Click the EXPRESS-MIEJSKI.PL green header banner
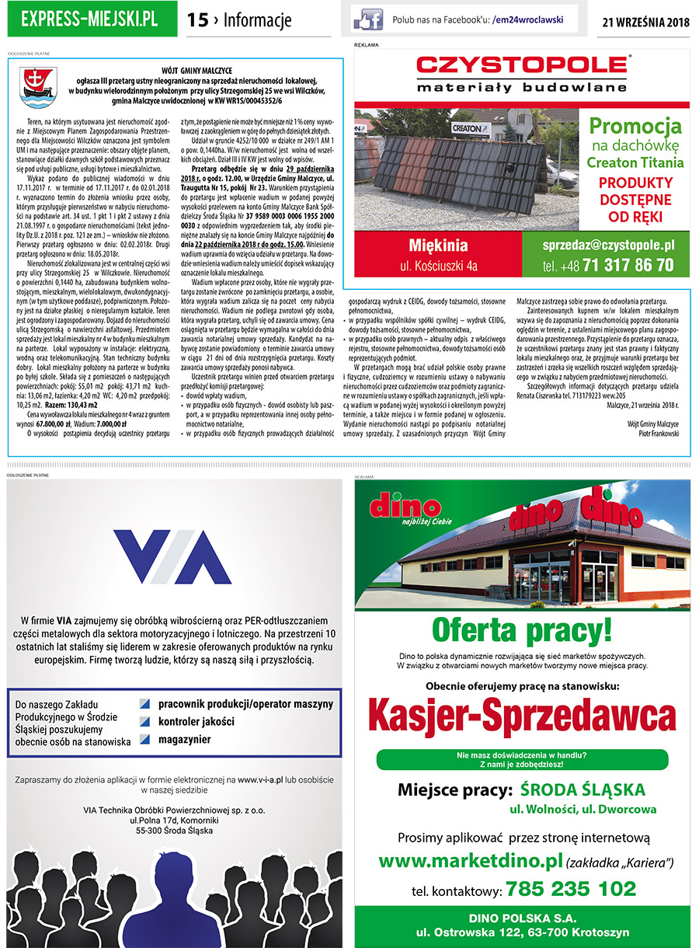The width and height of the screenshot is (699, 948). [x=89, y=19]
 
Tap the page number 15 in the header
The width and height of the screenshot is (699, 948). [x=198, y=20]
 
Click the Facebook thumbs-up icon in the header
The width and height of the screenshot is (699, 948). [x=368, y=19]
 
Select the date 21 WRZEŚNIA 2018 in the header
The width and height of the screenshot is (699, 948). [x=645, y=21]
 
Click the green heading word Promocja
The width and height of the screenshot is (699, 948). [x=635, y=125]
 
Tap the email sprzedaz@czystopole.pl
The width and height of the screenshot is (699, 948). [x=608, y=245]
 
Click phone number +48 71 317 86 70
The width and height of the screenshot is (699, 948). [x=608, y=265]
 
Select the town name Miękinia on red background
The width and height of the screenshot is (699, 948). [x=438, y=246]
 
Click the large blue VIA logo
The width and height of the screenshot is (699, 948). [x=172, y=556]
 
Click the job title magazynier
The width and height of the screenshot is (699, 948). [x=184, y=739]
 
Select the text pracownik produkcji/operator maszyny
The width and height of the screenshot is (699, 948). [x=245, y=703]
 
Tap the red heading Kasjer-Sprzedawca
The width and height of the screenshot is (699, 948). [x=522, y=712]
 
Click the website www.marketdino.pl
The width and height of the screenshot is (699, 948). [x=470, y=861]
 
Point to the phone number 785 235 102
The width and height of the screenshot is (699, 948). [x=570, y=888]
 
